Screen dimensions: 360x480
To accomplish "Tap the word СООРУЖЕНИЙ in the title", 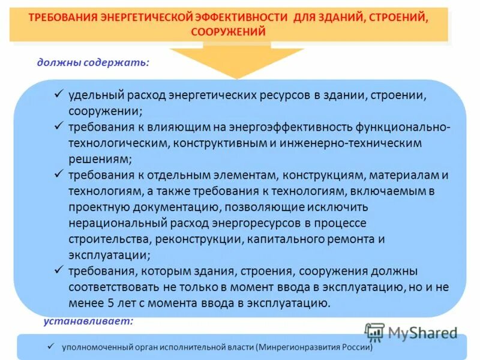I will pyautogui.click(x=228, y=32).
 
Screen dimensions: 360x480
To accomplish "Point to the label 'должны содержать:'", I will pyautogui.click(x=93, y=62).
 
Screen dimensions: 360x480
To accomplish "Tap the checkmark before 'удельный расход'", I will pyautogui.click(x=59, y=94).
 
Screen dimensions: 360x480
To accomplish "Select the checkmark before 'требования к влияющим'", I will pyautogui.click(x=59, y=127).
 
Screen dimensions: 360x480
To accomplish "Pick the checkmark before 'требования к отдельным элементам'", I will pyautogui.click(x=59, y=174).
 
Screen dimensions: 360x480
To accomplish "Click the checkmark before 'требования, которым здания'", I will pyautogui.click(x=59, y=269).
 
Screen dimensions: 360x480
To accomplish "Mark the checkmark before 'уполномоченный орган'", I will pyautogui.click(x=52, y=346).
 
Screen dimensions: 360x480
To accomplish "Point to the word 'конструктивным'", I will pyautogui.click(x=224, y=143).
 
